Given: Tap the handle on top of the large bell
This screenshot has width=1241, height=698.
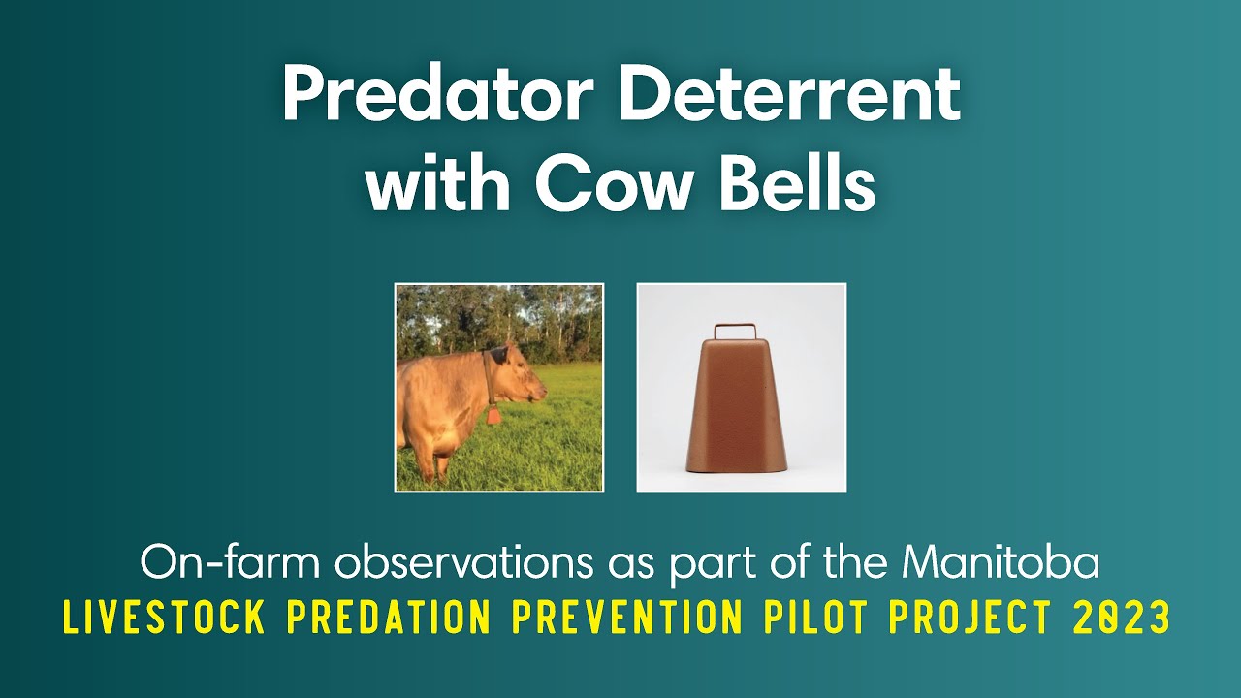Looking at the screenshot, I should pos(741,332).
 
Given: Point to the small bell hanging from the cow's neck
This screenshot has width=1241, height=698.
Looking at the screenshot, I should pos(493,415).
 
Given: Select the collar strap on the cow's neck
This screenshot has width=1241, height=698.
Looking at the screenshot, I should pos(489,378).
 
